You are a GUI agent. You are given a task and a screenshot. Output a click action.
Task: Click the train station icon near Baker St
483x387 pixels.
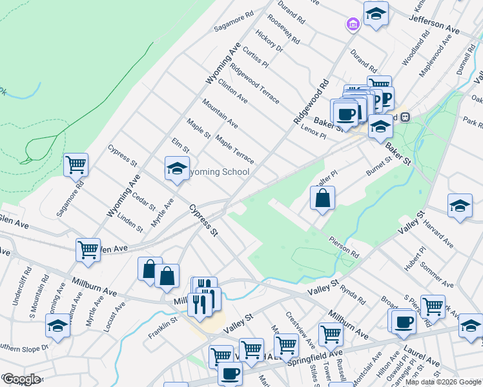pyautogui.click(x=406, y=117)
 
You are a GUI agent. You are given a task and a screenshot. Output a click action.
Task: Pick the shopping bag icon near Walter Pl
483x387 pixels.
pyautogui.click(x=322, y=199)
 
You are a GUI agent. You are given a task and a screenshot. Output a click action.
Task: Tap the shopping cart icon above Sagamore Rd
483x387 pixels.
pyautogui.click(x=76, y=165)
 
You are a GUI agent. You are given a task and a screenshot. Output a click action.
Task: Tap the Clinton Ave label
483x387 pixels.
pyautogui.click(x=233, y=91)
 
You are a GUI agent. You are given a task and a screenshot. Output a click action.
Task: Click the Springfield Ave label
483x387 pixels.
pyautogui.click(x=321, y=357)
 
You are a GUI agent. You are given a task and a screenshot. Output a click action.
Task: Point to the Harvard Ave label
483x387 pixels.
pyautogui.click(x=438, y=234)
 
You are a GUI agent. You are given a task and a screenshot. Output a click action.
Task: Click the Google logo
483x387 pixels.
pyautogui.click(x=22, y=379)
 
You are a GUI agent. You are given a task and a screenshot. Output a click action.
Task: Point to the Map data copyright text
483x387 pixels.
pyautogui.click(x=442, y=382)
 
